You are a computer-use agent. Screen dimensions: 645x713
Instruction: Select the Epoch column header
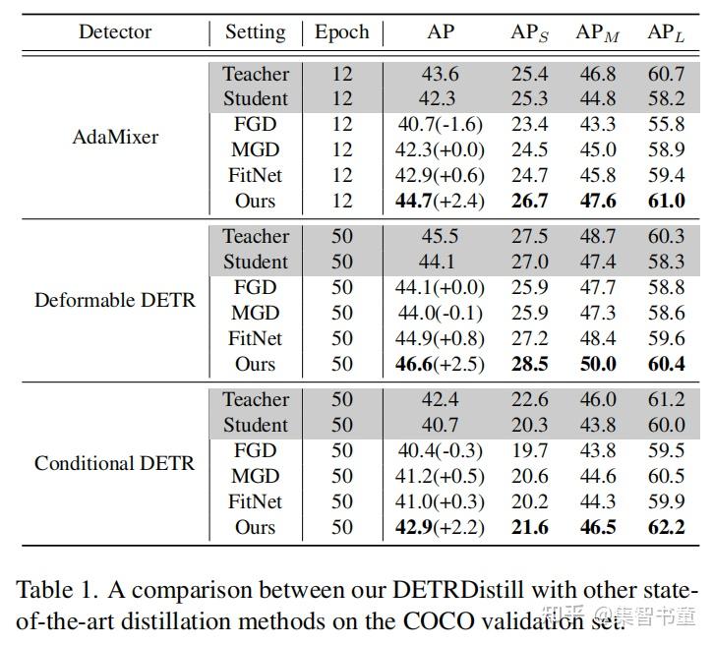click(341, 32)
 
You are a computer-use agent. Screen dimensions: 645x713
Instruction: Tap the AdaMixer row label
click(115, 137)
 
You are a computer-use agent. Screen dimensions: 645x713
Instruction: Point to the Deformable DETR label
click(115, 300)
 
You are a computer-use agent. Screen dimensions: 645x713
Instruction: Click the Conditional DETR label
click(115, 463)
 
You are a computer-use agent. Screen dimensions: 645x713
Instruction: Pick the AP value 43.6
click(440, 74)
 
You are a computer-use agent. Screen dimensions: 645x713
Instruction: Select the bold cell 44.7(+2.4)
click(440, 202)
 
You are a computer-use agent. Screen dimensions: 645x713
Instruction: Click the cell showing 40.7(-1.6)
click(440, 125)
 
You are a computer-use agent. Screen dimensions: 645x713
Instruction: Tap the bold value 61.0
click(666, 202)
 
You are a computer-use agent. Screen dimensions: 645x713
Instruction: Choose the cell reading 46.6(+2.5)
click(440, 365)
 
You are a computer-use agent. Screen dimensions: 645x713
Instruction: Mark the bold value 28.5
click(529, 365)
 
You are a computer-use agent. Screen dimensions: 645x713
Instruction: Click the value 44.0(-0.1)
click(440, 314)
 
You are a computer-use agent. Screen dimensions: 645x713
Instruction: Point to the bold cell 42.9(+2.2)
click(440, 528)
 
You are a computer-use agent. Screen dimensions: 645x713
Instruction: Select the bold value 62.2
click(666, 528)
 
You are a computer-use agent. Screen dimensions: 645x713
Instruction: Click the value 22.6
click(529, 400)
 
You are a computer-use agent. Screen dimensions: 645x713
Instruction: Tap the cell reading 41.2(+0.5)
click(440, 477)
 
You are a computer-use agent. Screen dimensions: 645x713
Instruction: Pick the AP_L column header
click(666, 33)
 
